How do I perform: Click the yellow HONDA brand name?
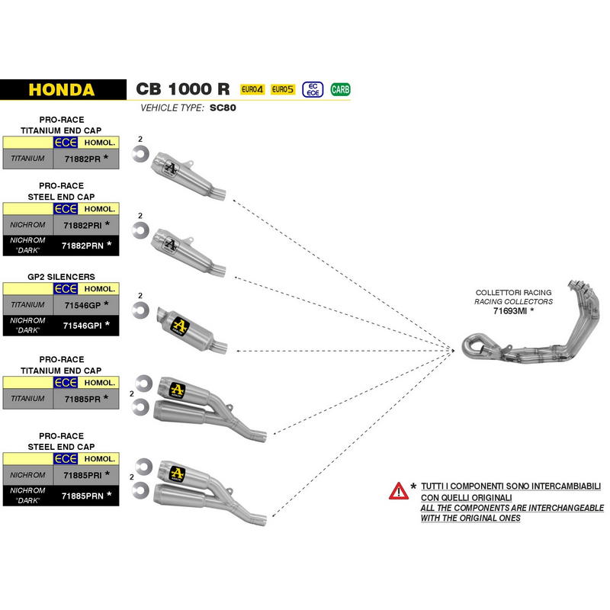click(x=62, y=90)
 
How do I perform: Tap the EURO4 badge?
click(x=252, y=89)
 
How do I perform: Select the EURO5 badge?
click(x=283, y=89)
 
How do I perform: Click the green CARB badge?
click(x=340, y=90)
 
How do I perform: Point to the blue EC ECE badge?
click(x=313, y=89)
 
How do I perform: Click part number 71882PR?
click(x=82, y=159)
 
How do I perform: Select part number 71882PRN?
click(x=82, y=246)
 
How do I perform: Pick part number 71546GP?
click(x=82, y=306)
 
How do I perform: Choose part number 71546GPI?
click(x=82, y=326)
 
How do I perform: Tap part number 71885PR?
click(x=82, y=399)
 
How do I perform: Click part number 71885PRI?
click(x=82, y=475)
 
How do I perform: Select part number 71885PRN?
click(x=82, y=496)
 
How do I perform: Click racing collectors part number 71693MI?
click(x=509, y=311)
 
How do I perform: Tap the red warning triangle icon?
click(x=399, y=491)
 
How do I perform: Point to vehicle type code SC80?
click(x=223, y=108)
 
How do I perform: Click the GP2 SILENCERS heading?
click(x=61, y=277)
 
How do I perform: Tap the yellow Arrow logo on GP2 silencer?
click(x=180, y=326)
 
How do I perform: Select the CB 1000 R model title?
click(x=183, y=89)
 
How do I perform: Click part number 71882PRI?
click(x=82, y=225)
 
